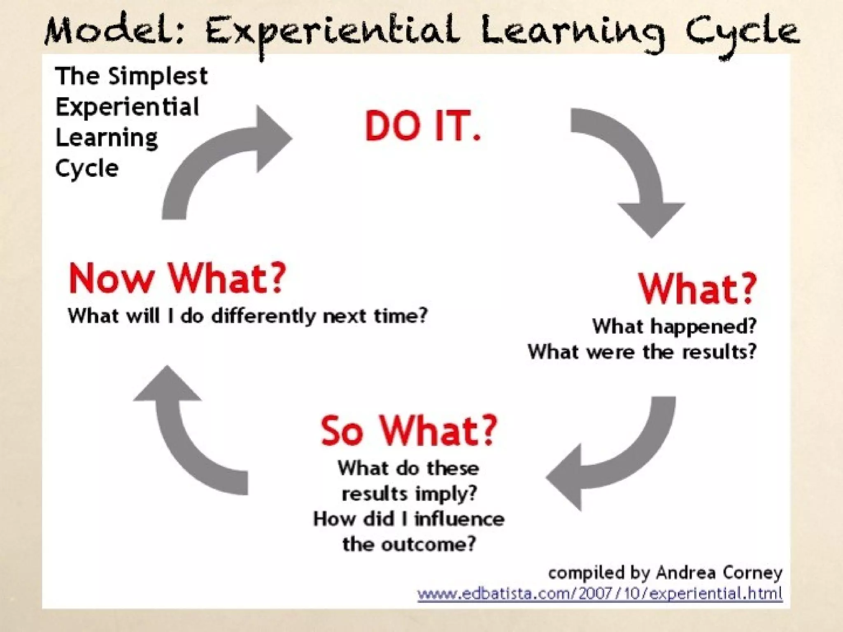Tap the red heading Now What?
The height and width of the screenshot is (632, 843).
coord(177,279)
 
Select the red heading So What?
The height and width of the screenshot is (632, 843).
coord(409,430)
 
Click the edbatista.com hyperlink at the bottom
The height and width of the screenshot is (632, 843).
coord(600,594)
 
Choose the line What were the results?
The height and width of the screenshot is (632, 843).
coord(642,352)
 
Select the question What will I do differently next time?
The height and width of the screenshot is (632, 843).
coord(248,316)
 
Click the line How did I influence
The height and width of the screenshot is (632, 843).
coord(409,519)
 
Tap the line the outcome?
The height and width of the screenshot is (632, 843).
coord(409,544)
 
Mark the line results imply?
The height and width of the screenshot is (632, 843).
coord(409,494)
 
